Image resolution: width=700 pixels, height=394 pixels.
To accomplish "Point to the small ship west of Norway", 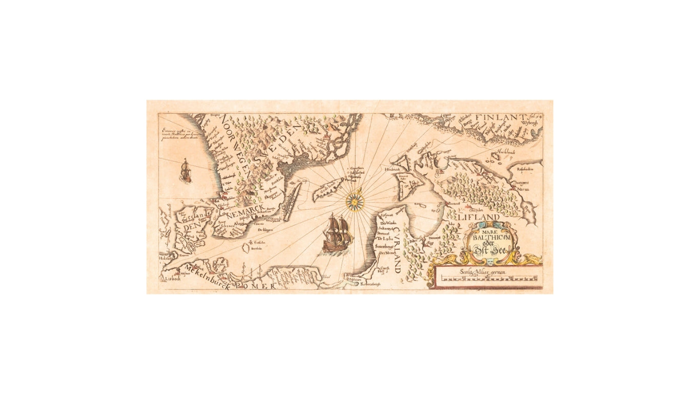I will click(186, 170).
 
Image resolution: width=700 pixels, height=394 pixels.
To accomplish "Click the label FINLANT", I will click(496, 117).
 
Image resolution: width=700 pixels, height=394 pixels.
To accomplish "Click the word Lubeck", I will click(172, 279).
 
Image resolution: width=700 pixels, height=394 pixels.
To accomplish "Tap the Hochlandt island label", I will click(506, 152).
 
